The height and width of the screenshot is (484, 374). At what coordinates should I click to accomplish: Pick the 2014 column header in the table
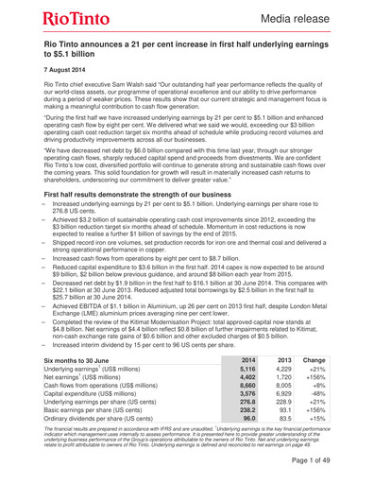(x=247, y=359)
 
